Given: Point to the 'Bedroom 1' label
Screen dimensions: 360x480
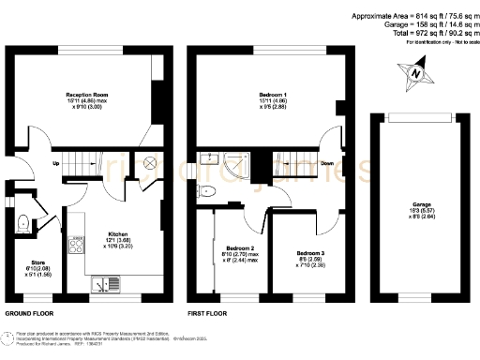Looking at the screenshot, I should coord(273,95).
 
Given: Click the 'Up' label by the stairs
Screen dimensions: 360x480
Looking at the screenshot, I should coord(56,164).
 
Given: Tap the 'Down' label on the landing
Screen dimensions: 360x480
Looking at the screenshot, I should coord(326,163).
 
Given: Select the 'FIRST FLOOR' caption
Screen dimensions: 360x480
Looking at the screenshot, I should coord(210,312).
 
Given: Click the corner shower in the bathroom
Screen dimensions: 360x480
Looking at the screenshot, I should coord(213,163).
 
